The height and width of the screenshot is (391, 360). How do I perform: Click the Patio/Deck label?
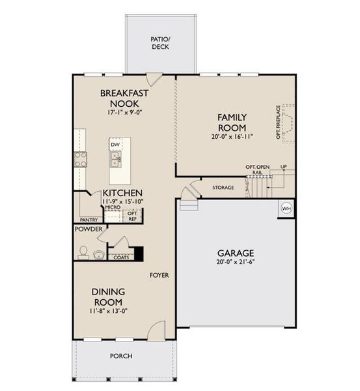coord(160,42)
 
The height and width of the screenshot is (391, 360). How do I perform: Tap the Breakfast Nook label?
coord(124,98)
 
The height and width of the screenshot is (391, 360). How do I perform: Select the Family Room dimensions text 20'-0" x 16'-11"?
coord(232,137)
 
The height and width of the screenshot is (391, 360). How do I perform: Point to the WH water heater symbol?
coord(286,209)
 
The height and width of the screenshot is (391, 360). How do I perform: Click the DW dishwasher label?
coord(115,145)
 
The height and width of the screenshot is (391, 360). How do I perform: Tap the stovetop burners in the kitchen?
coord(80,159)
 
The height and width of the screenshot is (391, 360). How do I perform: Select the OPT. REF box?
coord(132,216)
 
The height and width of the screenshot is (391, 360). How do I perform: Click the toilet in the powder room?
coord(82,252)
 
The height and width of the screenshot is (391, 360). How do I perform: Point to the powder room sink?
coord(98,253)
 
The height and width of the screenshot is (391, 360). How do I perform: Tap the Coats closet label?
coord(121,257)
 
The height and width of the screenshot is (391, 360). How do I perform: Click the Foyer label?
coord(159,275)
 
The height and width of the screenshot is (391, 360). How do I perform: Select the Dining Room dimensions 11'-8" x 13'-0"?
coord(108,310)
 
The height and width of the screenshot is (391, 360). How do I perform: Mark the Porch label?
coord(121,356)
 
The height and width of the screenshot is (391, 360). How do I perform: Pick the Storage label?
coord(223,188)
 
